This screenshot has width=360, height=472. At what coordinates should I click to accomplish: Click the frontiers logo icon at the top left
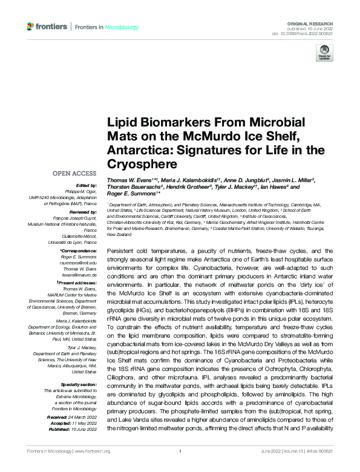coord(31,27)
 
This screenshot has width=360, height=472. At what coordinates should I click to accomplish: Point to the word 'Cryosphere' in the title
coord(138,163)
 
